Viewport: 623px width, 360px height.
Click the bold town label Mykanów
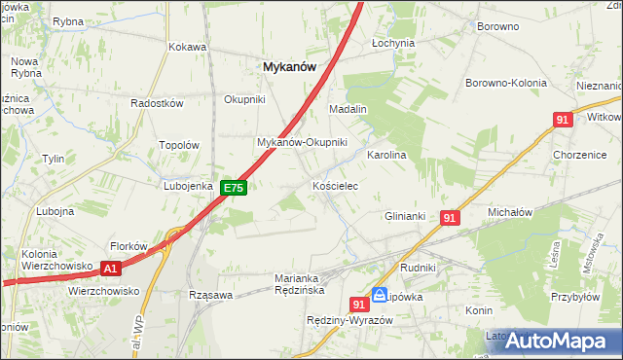click(290, 66)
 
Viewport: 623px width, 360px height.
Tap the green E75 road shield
click(233, 187)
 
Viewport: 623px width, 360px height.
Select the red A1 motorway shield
click(110, 269)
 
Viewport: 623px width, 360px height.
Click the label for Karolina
click(385, 155)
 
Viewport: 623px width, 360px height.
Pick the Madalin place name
click(347, 109)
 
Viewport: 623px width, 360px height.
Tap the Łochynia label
click(393, 44)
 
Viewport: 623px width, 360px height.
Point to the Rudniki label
click(417, 267)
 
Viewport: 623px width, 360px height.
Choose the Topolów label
click(178, 145)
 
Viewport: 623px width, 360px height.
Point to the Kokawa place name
click(188, 47)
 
